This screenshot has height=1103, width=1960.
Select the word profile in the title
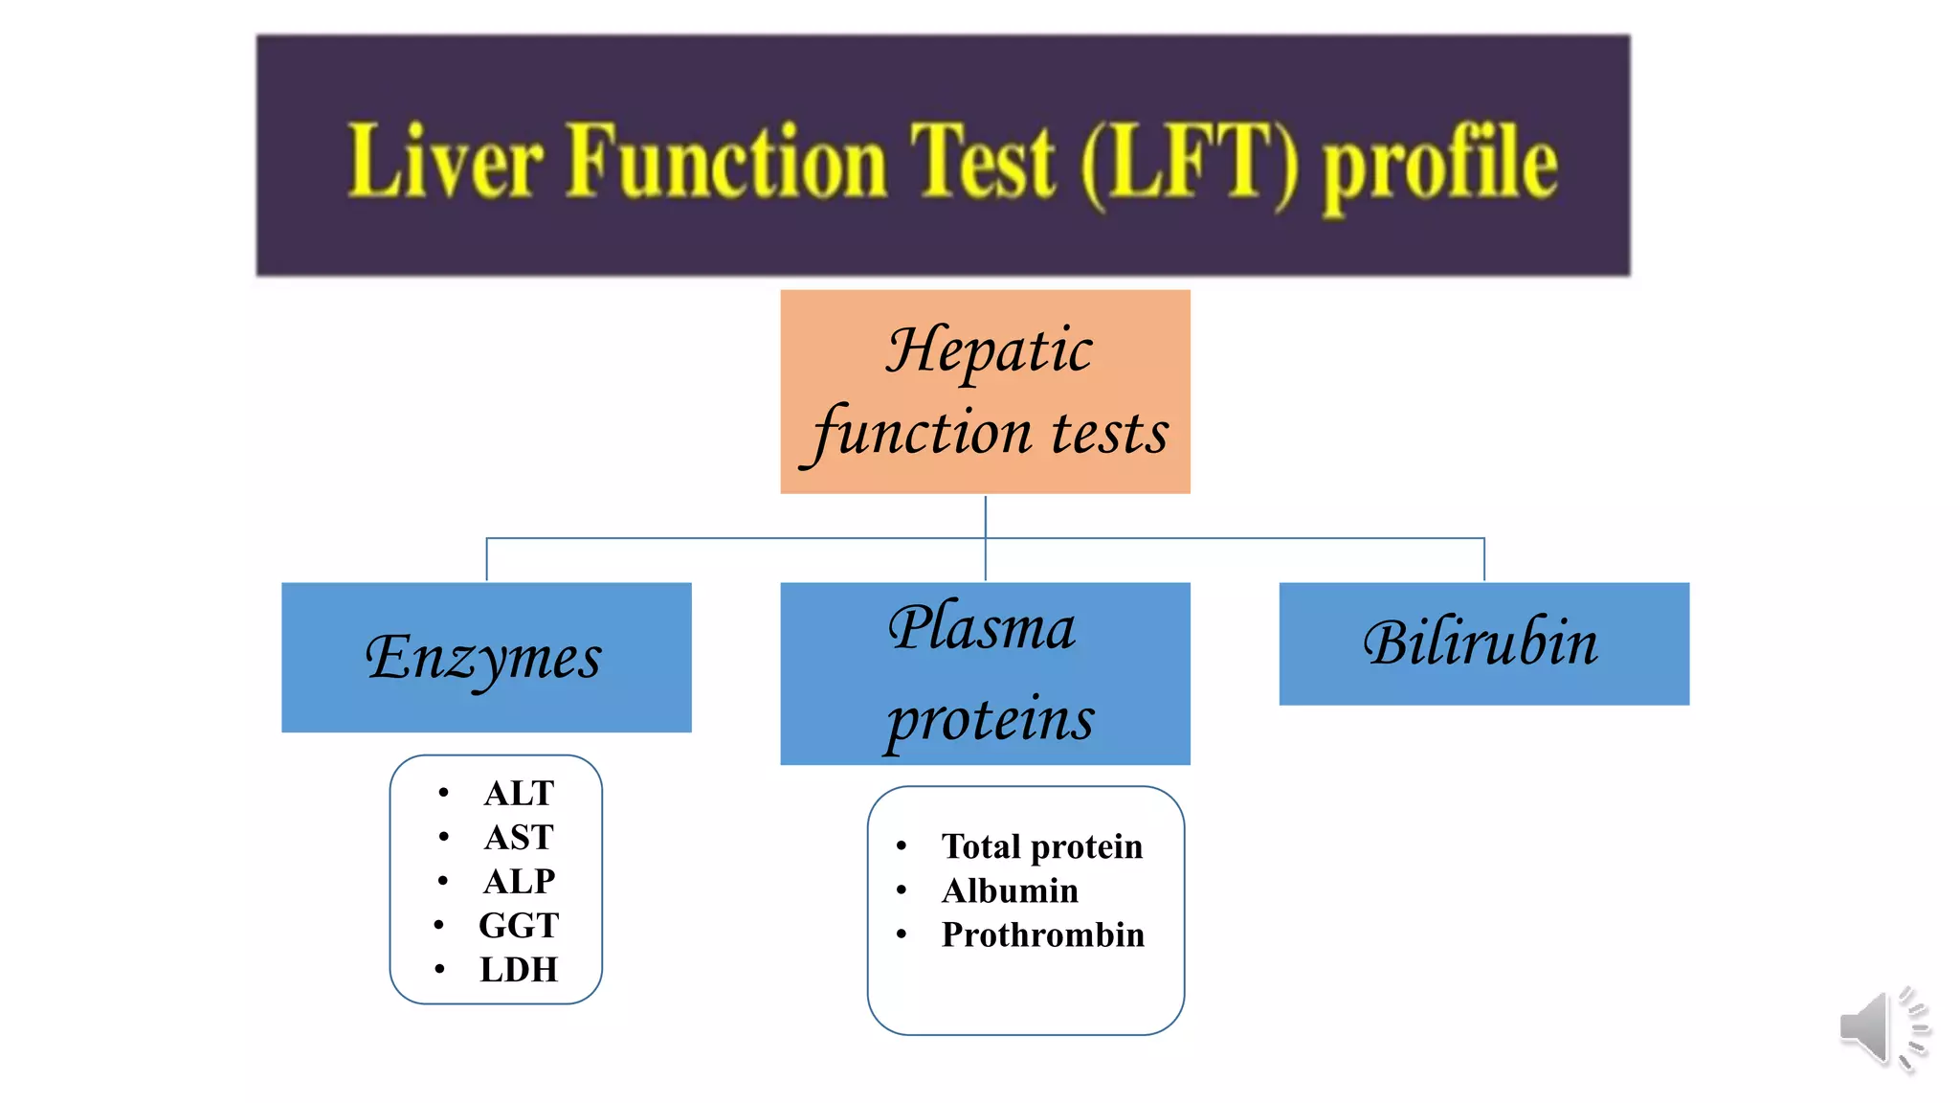click(1439, 165)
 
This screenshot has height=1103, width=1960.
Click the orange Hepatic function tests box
click(985, 392)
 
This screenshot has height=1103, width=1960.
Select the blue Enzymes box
click(486, 657)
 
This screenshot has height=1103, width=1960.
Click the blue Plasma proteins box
click(985, 673)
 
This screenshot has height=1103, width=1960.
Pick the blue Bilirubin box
click(1483, 643)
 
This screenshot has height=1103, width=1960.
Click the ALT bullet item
click(519, 793)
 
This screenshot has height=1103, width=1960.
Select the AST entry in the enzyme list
click(519, 837)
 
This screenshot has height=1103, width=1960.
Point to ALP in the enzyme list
click(519, 881)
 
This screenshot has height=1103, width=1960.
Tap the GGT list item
click(519, 925)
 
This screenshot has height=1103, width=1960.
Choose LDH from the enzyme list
click(519, 969)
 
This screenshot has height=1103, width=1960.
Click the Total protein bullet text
click(1041, 846)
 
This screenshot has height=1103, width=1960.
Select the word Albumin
click(1010, 890)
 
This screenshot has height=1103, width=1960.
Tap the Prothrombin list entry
click(1042, 934)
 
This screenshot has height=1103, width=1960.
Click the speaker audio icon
click(1882, 1028)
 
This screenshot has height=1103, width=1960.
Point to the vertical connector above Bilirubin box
click(1484, 560)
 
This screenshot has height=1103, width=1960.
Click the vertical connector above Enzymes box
click(487, 560)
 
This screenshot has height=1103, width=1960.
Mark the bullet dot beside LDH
click(439, 969)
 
